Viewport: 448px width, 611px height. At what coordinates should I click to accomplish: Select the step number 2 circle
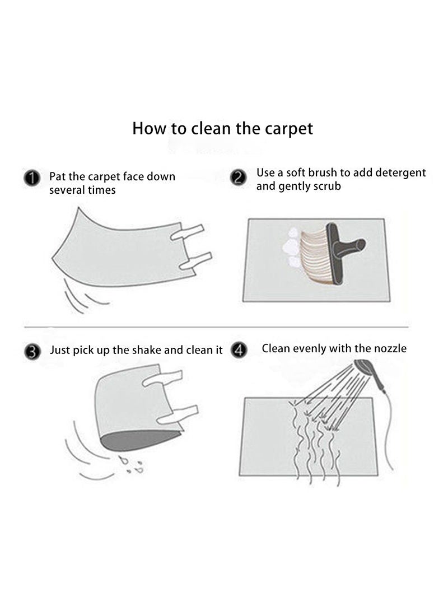point(239,178)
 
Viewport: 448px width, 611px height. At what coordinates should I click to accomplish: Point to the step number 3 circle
point(32,352)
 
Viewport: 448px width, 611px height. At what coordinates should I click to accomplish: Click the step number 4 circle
point(239,351)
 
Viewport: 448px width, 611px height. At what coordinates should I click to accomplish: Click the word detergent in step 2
point(400,172)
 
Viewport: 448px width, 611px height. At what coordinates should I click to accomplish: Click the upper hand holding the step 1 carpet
point(188,231)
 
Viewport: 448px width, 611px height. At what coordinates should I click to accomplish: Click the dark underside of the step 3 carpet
point(140,438)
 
